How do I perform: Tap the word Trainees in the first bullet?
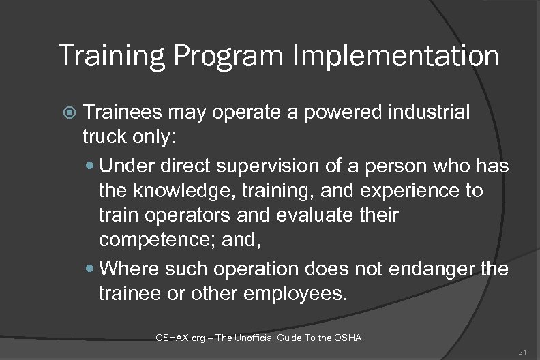127,112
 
